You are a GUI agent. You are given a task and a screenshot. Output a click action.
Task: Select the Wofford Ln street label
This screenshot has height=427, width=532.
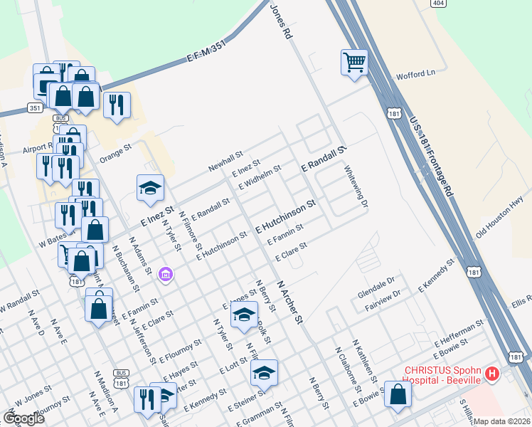click(415, 75)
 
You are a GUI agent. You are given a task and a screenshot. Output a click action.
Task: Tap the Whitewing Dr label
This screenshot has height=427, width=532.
click(356, 187)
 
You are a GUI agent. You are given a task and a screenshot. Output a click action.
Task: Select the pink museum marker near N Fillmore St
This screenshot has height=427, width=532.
click(166, 273)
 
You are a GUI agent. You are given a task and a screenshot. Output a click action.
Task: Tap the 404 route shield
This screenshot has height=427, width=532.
click(438, 4)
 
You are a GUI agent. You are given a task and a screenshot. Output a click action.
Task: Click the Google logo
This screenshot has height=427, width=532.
click(23, 418)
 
